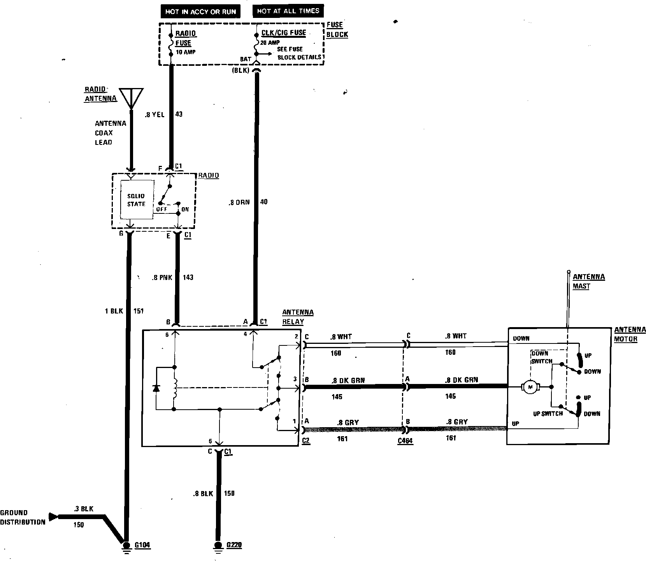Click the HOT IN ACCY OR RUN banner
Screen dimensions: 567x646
200,12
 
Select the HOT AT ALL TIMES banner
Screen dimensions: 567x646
288,11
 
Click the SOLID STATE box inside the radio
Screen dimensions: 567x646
136,200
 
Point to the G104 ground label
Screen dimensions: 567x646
142,545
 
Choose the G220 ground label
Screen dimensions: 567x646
234,545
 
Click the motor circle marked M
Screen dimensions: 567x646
529,387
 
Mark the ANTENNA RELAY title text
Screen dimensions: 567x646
298,317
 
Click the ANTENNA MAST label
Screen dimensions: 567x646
588,281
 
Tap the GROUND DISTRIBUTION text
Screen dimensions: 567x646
23,518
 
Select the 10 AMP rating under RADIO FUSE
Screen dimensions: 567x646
186,52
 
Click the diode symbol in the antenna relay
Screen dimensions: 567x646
156,388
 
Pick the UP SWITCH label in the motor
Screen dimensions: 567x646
548,414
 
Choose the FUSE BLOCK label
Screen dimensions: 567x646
337,29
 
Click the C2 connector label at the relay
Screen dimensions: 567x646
306,440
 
